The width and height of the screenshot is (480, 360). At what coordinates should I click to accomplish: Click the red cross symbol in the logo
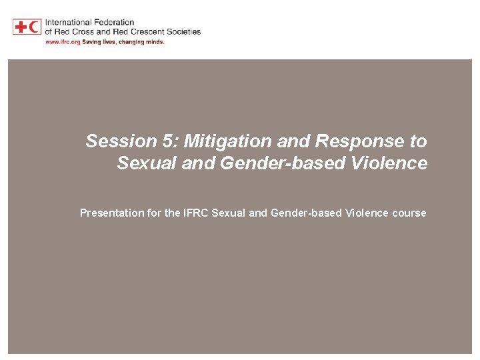pos(20,27)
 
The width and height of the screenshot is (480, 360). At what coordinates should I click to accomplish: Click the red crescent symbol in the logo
pos(35,27)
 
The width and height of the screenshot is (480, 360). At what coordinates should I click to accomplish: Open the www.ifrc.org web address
pos(62,41)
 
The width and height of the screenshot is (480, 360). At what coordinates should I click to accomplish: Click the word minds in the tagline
pos(152,41)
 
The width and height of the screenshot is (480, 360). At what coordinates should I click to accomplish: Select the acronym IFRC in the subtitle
pos(195,213)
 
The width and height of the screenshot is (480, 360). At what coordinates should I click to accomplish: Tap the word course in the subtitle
pos(409,213)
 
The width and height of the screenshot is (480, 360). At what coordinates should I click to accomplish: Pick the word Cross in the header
pos(83,31)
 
